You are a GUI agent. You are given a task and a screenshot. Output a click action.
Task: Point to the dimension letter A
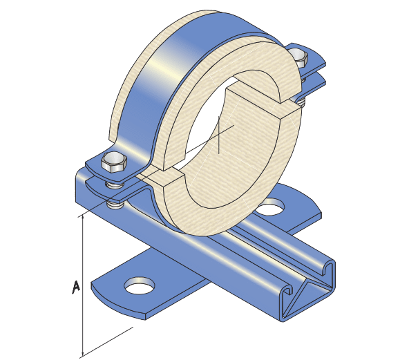click(77, 285)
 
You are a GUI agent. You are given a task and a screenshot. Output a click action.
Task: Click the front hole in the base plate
click(140, 283)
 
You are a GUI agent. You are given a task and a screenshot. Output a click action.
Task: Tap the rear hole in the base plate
click(272, 205)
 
